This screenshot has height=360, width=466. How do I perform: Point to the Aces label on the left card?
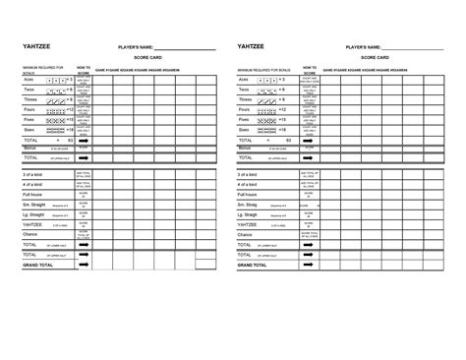click(29, 79)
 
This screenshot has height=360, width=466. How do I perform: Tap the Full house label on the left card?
click(35, 195)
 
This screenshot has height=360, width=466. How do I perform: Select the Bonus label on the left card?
click(29, 148)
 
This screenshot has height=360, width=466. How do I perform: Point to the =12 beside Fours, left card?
click(70, 109)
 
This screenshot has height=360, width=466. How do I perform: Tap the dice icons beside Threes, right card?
click(269, 99)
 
